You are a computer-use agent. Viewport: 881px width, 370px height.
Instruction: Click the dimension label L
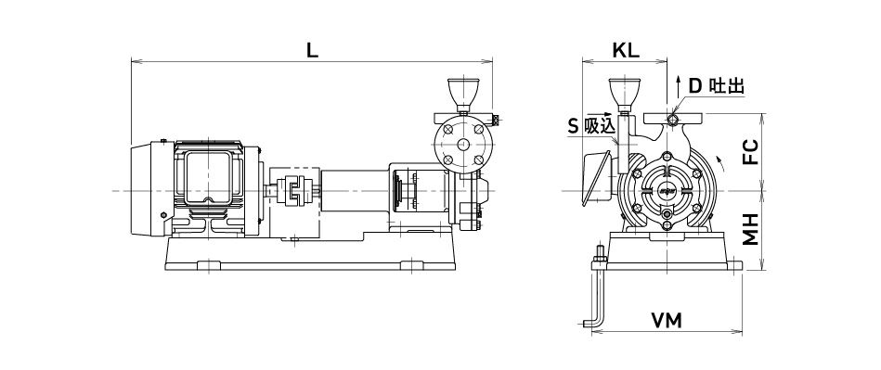coord(312,50)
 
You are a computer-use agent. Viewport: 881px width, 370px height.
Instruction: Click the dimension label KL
coord(626,50)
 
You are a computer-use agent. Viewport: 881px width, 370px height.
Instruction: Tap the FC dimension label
coord(751,151)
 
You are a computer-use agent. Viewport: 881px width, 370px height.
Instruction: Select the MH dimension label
coord(751,228)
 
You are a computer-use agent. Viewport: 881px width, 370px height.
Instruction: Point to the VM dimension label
coord(667,321)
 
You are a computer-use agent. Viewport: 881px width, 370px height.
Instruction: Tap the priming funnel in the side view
coord(463,95)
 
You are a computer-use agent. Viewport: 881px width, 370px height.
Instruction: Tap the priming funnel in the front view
coord(625,95)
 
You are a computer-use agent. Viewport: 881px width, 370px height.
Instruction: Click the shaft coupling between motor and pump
coord(294,191)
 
